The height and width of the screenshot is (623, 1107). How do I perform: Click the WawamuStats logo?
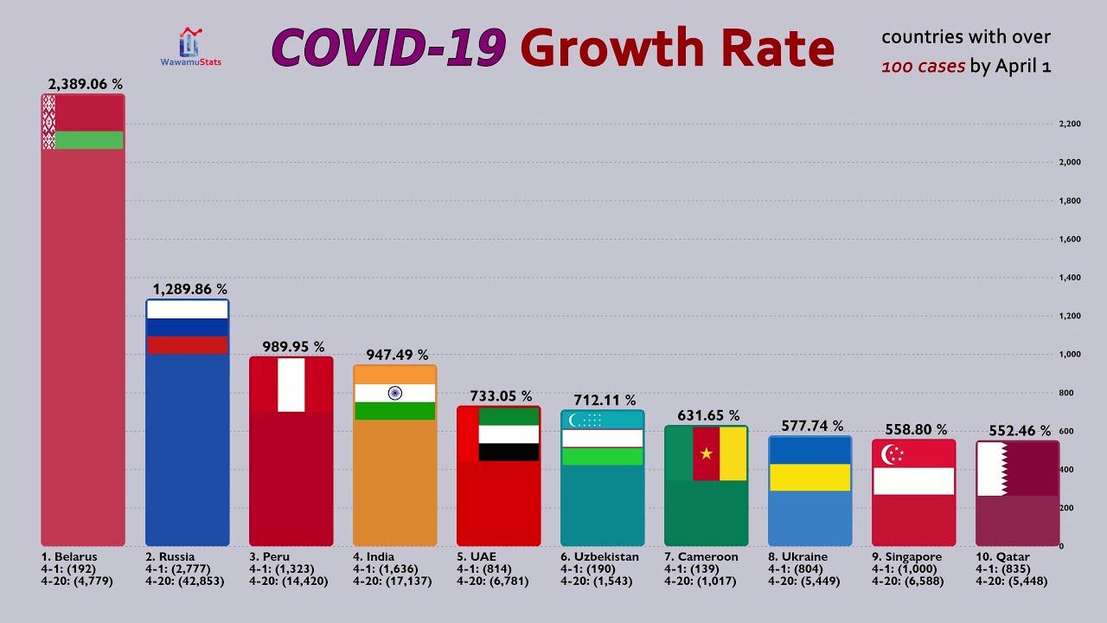(x=190, y=46)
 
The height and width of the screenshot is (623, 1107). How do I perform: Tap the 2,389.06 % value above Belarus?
(x=85, y=84)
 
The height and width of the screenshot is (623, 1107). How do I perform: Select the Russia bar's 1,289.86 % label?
(x=190, y=289)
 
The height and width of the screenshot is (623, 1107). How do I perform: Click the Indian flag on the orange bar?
(x=395, y=393)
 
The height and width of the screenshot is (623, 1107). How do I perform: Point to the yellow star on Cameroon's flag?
(x=706, y=453)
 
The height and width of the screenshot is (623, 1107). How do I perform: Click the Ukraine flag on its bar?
(x=810, y=464)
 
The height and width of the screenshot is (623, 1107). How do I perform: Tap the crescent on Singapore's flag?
(x=888, y=454)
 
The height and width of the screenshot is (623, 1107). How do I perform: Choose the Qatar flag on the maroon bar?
(x=1018, y=469)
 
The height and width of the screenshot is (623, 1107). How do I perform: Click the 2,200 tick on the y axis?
(x=1069, y=125)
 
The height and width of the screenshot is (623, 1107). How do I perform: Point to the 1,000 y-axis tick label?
(x=1069, y=355)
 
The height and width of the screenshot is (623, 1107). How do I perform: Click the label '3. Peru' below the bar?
(x=269, y=557)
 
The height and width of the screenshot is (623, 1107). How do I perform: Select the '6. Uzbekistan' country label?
(x=599, y=557)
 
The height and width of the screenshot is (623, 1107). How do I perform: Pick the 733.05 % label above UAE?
(x=501, y=396)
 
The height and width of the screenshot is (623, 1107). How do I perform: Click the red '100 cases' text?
(x=923, y=67)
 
